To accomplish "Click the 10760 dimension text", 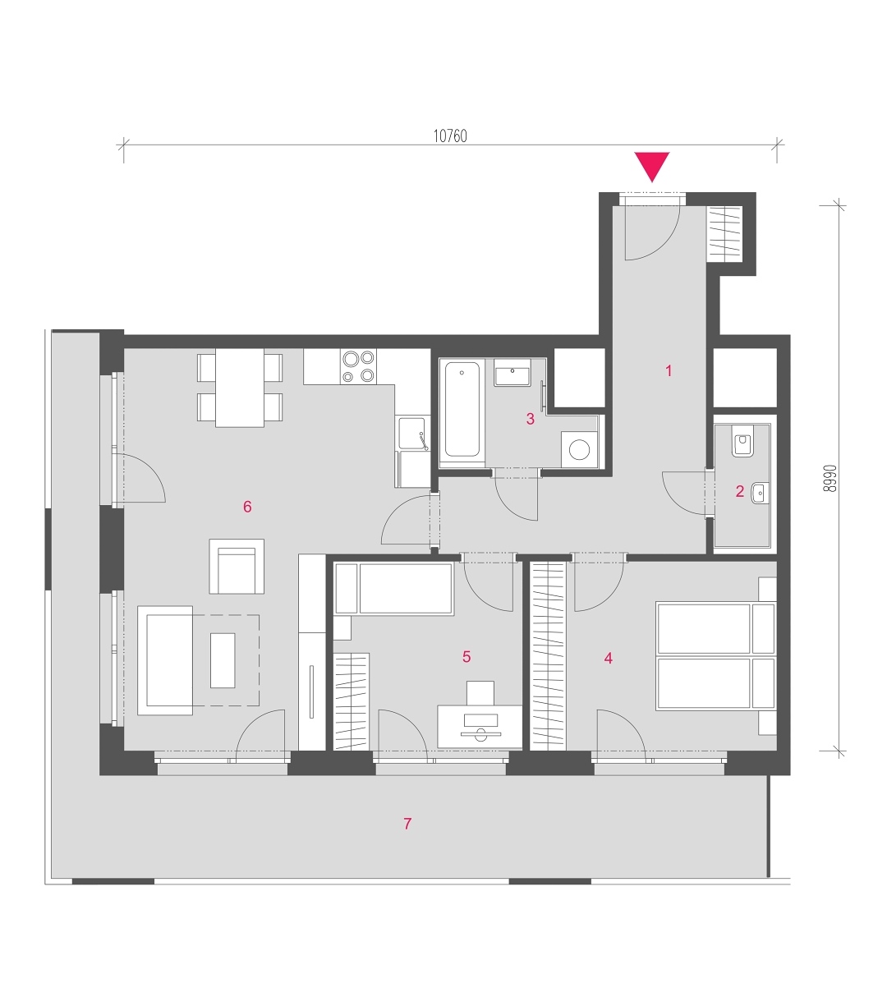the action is pos(450,136).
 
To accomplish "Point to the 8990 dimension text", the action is pos(830,478).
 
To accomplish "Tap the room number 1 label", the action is pos(669,370).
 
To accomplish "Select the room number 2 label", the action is pos(739,491).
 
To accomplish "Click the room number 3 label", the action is pos(530,419).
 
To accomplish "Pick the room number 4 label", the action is pos(608,658).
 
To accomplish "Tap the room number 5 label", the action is pos(466,656).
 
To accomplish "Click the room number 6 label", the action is pos(247,507).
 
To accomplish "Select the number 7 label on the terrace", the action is pos(407,823).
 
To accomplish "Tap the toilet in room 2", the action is pos(742,440).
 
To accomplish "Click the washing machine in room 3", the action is pos(579,449).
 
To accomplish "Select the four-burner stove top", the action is pos(358,366).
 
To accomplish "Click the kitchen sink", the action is pos(413,434).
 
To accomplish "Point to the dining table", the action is pos(239,388).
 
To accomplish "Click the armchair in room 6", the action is pos(237,567).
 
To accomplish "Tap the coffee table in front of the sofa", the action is pos(223,660).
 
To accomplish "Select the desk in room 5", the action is pos(480,727).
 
